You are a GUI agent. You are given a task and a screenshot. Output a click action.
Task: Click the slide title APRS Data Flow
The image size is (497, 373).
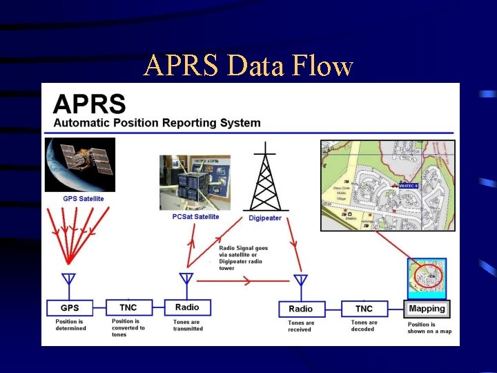tap(248, 66)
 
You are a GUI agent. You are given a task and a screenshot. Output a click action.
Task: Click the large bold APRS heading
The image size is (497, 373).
tap(90, 104)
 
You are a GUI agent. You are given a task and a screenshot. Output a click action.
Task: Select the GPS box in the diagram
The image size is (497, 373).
tap(70, 307)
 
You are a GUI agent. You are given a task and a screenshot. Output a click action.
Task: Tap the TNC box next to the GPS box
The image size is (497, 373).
tap(128, 307)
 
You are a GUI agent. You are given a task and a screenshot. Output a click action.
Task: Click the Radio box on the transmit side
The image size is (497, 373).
tap(187, 307)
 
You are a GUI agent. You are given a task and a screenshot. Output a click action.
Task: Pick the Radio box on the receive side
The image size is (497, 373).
tap(300, 309)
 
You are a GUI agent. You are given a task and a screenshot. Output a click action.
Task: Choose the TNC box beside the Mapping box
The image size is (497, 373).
tap(364, 309)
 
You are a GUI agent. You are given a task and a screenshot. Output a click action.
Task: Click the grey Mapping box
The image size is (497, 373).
tap(427, 309)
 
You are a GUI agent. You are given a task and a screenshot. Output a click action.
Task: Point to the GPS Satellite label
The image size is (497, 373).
tap(84, 199)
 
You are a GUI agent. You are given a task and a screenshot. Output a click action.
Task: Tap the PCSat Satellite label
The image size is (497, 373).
tap(195, 217)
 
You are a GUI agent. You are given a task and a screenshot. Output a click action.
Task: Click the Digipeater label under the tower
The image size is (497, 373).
tap(265, 218)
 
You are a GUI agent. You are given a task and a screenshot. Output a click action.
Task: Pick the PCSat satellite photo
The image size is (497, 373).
tap(195, 182)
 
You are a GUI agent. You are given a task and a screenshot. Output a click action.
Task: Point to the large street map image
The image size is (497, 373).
tap(387, 185)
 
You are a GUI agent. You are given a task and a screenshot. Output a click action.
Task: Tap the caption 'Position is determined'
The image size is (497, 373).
tap(71, 325)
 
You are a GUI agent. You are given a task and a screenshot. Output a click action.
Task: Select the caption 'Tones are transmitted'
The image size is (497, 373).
tap(188, 325)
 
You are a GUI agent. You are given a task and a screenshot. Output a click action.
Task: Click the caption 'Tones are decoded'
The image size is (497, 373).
tap(364, 325)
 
